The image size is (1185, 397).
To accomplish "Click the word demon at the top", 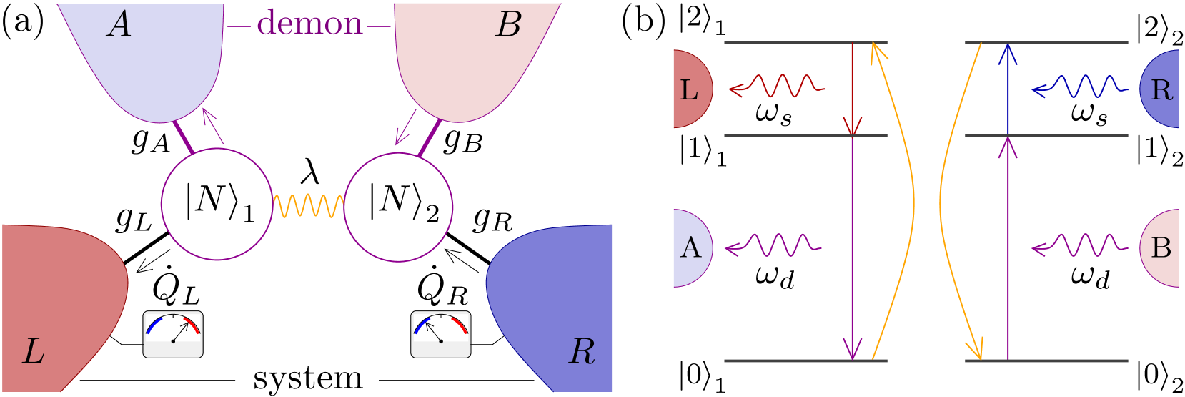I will [x=309, y=24].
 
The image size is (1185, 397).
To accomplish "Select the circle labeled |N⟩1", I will [x=217, y=204].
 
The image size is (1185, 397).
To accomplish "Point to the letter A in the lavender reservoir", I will [x=119, y=26].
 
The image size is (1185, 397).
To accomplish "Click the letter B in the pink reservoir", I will [x=507, y=26].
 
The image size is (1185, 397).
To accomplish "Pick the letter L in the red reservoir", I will [x=33, y=352].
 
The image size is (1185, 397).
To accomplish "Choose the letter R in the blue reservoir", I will [x=582, y=352].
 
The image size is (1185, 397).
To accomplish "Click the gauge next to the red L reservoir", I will [x=173, y=334].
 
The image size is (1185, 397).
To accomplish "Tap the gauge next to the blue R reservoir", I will [x=441, y=334].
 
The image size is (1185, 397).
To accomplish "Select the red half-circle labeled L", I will [x=690, y=89].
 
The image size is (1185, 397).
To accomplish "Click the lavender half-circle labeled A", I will [x=691, y=248].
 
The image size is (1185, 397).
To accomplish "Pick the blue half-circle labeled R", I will [x=1161, y=89].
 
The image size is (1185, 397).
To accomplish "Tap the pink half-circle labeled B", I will [x=1161, y=248].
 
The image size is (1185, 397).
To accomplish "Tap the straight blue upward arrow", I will [x=1008, y=89].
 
